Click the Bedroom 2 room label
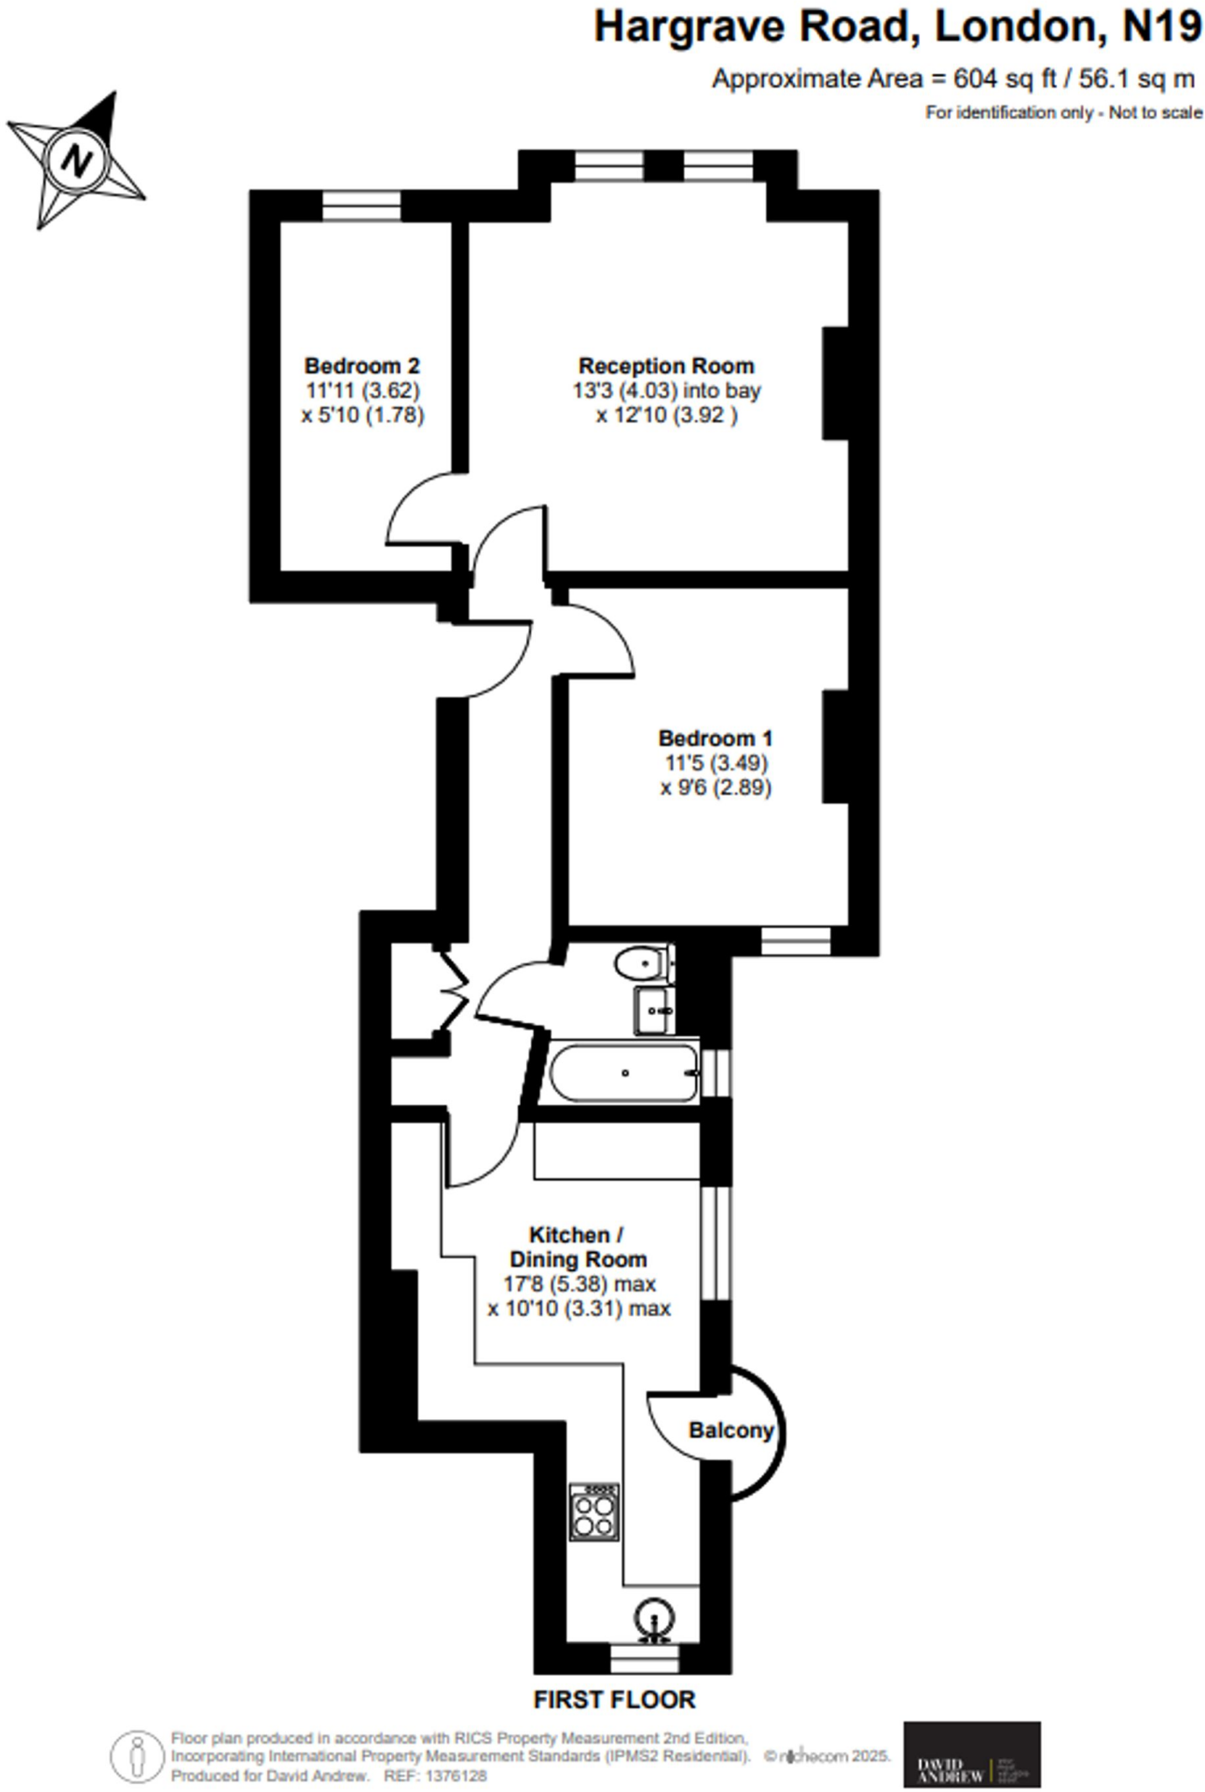[x=361, y=365]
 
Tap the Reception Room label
[x=666, y=366]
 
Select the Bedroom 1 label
[x=715, y=738]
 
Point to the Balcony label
[x=731, y=1430]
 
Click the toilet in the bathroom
[x=641, y=964]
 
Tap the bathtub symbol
[x=624, y=1073]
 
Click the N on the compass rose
[x=78, y=161]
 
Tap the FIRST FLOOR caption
[x=614, y=1699]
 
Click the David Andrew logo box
[x=971, y=1753]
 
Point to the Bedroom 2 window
[x=361, y=207]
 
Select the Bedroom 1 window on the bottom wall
[x=795, y=941]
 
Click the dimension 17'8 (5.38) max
[x=579, y=1284]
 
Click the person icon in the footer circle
[x=137, y=1756]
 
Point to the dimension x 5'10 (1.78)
[x=363, y=415]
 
